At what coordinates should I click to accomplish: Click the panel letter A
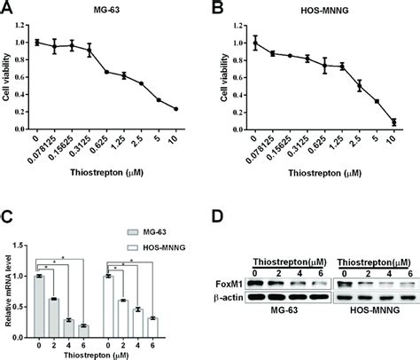(x=8, y=10)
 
